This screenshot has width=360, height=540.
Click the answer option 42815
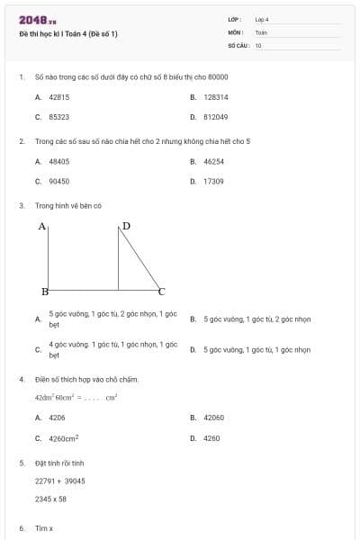pyautogui.click(x=58, y=97)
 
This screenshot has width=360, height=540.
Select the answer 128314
pyautogui.click(x=215, y=97)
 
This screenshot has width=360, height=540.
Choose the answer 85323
pyautogui.click(x=58, y=117)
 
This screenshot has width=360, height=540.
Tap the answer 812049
pyautogui.click(x=215, y=117)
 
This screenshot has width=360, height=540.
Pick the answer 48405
pyautogui.click(x=58, y=161)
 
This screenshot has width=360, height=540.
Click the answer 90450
pyautogui.click(x=58, y=181)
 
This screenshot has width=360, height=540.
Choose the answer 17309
pyautogui.click(x=213, y=181)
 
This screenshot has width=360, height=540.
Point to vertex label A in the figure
pyautogui.click(x=41, y=227)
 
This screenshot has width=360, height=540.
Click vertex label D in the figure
pyautogui.click(x=126, y=226)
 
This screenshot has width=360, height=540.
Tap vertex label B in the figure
pyautogui.click(x=44, y=292)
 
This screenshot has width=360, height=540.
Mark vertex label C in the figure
pyautogui.click(x=162, y=292)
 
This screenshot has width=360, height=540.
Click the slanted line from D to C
pyautogui.click(x=139, y=260)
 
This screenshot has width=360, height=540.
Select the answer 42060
pyautogui.click(x=213, y=418)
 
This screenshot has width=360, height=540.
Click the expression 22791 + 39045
pyautogui.click(x=59, y=481)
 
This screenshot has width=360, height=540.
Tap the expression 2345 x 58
pyautogui.click(x=50, y=498)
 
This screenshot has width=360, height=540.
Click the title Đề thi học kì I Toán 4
pyautogui.click(x=68, y=34)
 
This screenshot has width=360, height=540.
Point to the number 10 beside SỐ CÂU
pyautogui.click(x=258, y=44)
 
